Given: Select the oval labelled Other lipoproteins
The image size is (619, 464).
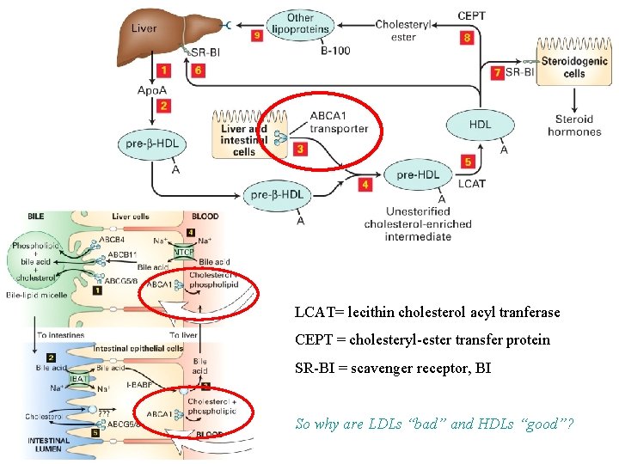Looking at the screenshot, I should pos(300,24).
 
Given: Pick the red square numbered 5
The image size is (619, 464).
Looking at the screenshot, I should pos(468,162).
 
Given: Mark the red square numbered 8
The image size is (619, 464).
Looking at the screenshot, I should pos(467,38).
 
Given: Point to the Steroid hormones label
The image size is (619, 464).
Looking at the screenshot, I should pos(573,125).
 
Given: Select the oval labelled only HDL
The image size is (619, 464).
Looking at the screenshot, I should pos(480,125).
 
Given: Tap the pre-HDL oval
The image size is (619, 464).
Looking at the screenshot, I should pos(417,174).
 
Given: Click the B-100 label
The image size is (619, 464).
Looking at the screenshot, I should pos(335,51).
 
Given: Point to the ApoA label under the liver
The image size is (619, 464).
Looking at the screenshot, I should pos(150,89).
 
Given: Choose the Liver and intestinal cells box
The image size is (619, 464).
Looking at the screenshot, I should pos(244,135).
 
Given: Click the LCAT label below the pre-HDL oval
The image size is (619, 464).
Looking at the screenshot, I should pos(472,183).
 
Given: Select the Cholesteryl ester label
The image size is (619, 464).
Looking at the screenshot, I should pos(402,30).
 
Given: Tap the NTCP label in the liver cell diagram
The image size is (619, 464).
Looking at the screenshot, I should pos(184,253).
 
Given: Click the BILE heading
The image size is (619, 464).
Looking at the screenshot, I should pos(36,217).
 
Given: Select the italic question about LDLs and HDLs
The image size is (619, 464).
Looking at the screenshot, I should pos(434,424).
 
